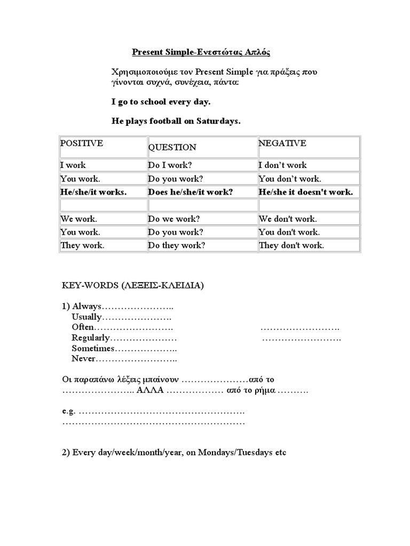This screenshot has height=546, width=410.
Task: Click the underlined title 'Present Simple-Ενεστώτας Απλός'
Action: [201, 52]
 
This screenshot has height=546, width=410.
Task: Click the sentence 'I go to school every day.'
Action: [161, 101]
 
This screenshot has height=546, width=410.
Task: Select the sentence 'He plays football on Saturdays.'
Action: [176, 122]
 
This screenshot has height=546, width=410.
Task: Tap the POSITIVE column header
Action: [82, 143]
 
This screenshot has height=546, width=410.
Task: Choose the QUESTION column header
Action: [172, 147]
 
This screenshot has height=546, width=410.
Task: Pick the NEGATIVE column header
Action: [282, 143]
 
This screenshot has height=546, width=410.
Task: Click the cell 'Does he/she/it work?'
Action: [191, 192]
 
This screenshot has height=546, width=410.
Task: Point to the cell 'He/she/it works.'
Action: [93, 192]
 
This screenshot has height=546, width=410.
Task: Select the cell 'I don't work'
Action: [283, 165]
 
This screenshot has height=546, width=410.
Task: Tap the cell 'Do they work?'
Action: [177, 245]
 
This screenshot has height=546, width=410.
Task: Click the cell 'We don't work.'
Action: [288, 219]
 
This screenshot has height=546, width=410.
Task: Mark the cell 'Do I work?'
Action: [170, 165]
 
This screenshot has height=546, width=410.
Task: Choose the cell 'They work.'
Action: [82, 245]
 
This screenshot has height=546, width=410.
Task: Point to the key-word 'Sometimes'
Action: [93, 348]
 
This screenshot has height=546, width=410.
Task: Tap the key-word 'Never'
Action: [83, 358]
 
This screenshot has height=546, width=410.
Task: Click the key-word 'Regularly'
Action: [91, 338]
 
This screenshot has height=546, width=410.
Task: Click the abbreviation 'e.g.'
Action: [69, 412]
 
